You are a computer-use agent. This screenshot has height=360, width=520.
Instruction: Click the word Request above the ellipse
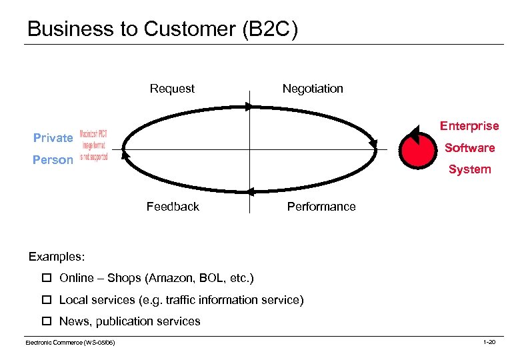click(172, 89)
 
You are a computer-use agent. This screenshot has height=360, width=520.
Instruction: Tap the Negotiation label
click(313, 89)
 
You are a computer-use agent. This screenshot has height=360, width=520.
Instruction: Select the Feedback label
click(173, 207)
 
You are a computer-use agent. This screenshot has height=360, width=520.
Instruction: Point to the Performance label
click(321, 207)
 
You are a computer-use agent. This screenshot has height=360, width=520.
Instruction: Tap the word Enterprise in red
click(469, 126)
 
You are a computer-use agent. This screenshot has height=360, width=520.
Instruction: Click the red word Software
click(469, 148)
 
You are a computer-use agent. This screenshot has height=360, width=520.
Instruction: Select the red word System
click(469, 169)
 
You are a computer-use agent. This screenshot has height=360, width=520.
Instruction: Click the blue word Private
click(53, 138)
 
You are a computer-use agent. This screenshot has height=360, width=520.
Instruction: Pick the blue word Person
click(53, 160)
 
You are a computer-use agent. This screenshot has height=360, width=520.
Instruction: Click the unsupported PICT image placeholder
click(93, 145)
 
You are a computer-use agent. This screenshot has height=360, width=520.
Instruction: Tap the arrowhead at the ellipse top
click(249, 106)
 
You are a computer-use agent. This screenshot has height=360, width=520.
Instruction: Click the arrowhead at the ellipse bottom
click(251, 191)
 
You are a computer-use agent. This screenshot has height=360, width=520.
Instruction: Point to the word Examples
click(57, 257)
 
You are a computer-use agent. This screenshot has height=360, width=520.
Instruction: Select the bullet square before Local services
click(46, 300)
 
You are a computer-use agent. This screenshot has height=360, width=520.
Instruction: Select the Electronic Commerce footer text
click(70, 342)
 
